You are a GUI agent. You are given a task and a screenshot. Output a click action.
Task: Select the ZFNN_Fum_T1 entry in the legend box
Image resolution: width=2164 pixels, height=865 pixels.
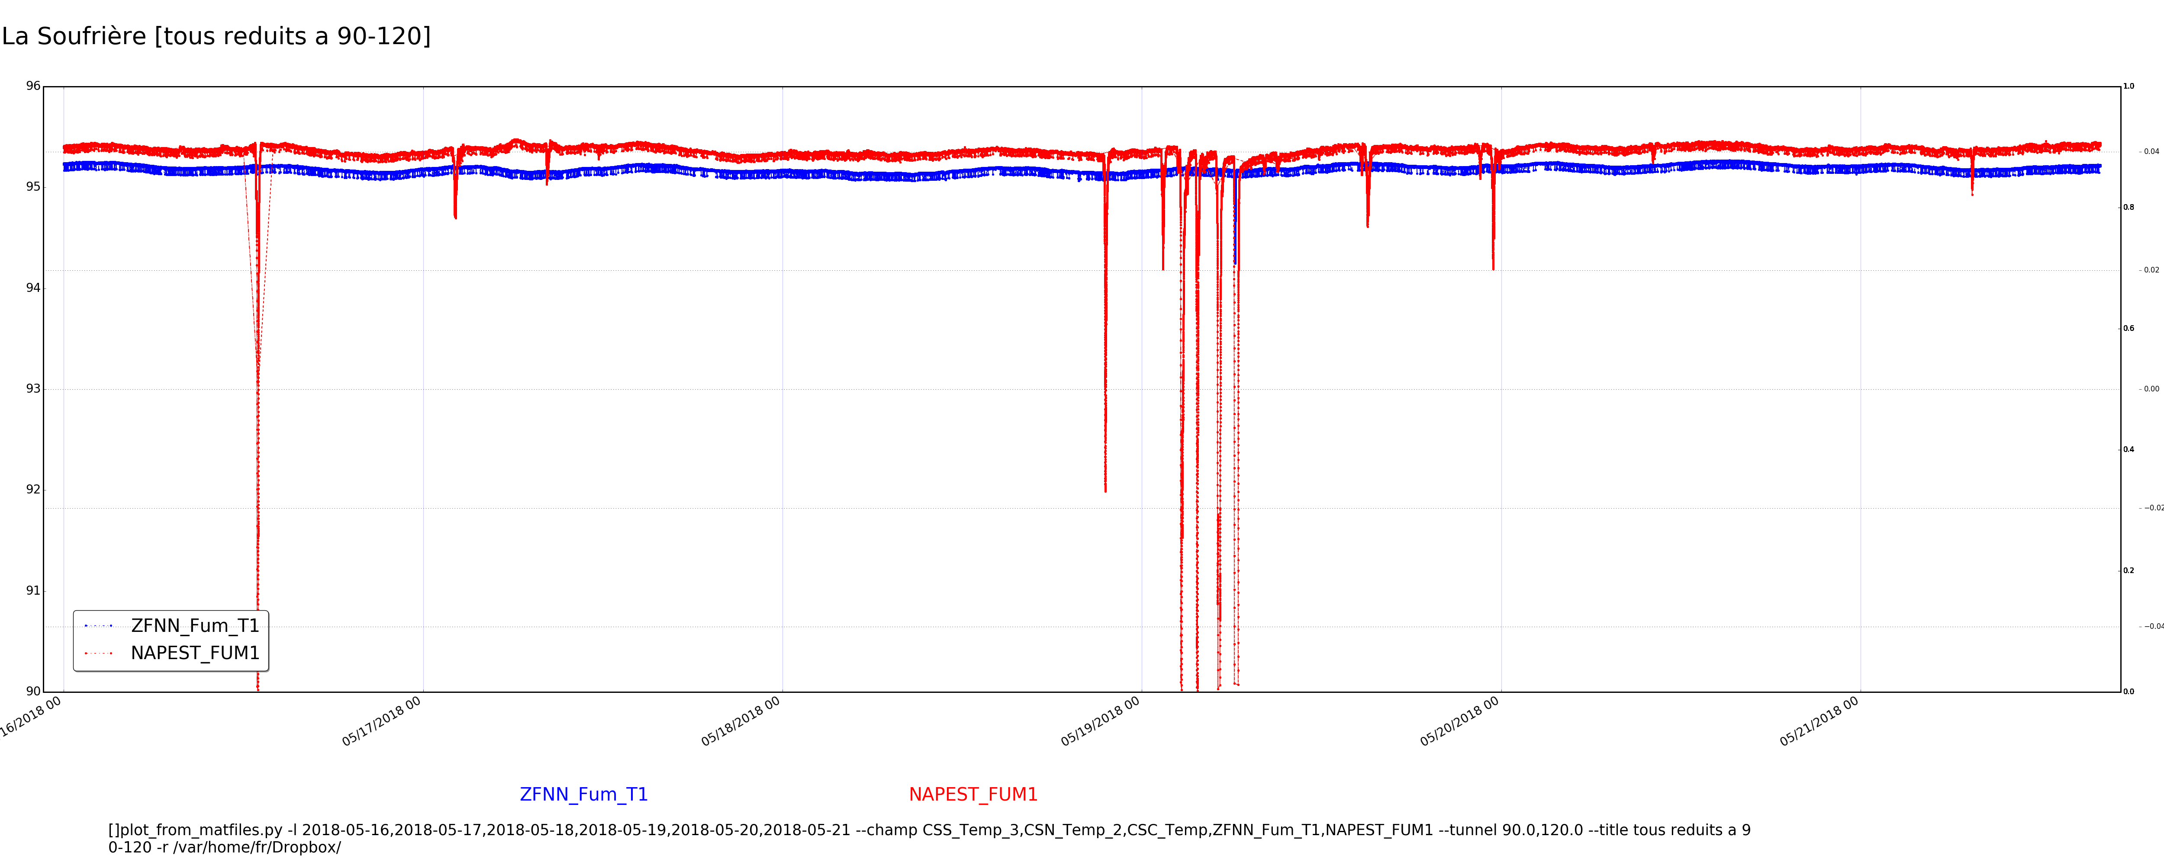click(x=195, y=626)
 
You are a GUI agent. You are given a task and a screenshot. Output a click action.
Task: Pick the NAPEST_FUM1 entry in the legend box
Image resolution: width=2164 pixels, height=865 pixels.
click(x=195, y=654)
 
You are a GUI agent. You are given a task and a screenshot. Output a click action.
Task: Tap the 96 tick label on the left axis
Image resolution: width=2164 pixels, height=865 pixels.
click(x=33, y=86)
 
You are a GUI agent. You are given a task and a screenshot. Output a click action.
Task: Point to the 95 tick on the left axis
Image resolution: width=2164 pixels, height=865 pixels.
click(x=33, y=186)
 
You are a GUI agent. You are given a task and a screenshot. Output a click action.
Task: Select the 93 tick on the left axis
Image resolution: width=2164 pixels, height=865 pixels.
click(x=33, y=389)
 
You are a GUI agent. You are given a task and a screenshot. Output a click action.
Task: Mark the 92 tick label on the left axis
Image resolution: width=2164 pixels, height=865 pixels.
click(x=33, y=490)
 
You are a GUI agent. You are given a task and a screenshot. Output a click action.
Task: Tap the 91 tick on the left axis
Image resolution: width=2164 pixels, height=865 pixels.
click(x=33, y=590)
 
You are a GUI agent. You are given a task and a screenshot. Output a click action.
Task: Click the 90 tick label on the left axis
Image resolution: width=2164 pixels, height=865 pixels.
click(x=33, y=691)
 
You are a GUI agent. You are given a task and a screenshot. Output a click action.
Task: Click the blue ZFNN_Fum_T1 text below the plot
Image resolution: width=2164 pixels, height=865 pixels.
click(x=584, y=795)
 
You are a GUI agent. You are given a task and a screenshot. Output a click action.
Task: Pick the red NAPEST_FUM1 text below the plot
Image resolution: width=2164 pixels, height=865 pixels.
click(x=973, y=795)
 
